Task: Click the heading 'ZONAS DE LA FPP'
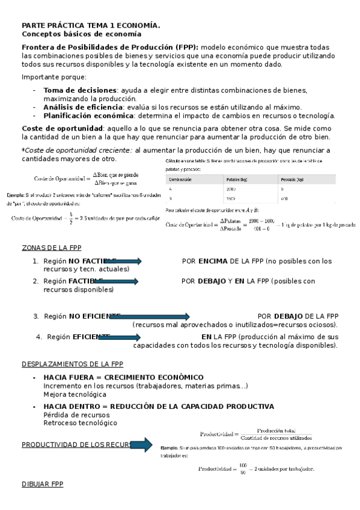pos(51,231)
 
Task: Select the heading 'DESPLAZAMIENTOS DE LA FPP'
pos(72,364)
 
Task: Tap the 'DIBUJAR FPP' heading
pos(42,484)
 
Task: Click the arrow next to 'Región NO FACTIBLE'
pos(120,261)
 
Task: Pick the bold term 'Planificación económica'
pos(88,115)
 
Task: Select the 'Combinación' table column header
pos(181,179)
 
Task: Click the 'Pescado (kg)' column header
pos(292,179)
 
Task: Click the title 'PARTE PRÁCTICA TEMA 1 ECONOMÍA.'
pos(91,25)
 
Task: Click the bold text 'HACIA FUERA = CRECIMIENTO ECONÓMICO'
pos(123,378)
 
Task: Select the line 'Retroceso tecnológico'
pos(80,423)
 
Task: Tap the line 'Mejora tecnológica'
pos(75,395)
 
